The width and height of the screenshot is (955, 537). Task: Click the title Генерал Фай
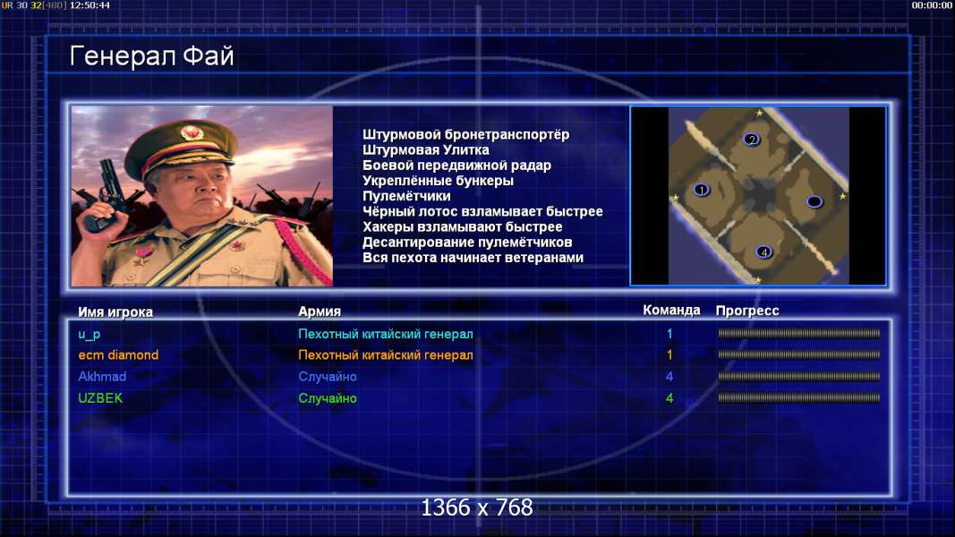pos(151,56)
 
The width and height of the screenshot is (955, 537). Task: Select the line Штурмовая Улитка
pos(426,149)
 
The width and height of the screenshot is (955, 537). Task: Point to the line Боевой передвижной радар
pos(456,166)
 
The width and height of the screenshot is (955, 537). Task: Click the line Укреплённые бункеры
pos(438,181)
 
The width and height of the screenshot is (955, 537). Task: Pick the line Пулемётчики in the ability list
pos(406,196)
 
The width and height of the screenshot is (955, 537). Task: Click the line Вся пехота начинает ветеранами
pos(473,258)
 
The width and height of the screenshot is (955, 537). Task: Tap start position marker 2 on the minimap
pos(752,140)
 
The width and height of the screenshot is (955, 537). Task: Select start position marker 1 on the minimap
pos(701,190)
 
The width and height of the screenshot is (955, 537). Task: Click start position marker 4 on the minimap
pos(763,251)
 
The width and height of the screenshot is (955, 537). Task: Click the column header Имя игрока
pos(115,311)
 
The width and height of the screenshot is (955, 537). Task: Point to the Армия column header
pos(320,311)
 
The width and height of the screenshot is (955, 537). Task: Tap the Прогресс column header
pos(747,311)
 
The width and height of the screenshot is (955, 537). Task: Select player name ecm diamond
pos(118,355)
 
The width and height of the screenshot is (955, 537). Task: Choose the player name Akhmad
pos(102,376)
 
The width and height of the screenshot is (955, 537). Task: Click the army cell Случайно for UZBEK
pos(327,398)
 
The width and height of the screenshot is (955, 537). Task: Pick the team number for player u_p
pos(669,334)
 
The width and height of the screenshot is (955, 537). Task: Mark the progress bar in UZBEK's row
pos(798,397)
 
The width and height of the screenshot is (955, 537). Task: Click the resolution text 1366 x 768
pos(477,507)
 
